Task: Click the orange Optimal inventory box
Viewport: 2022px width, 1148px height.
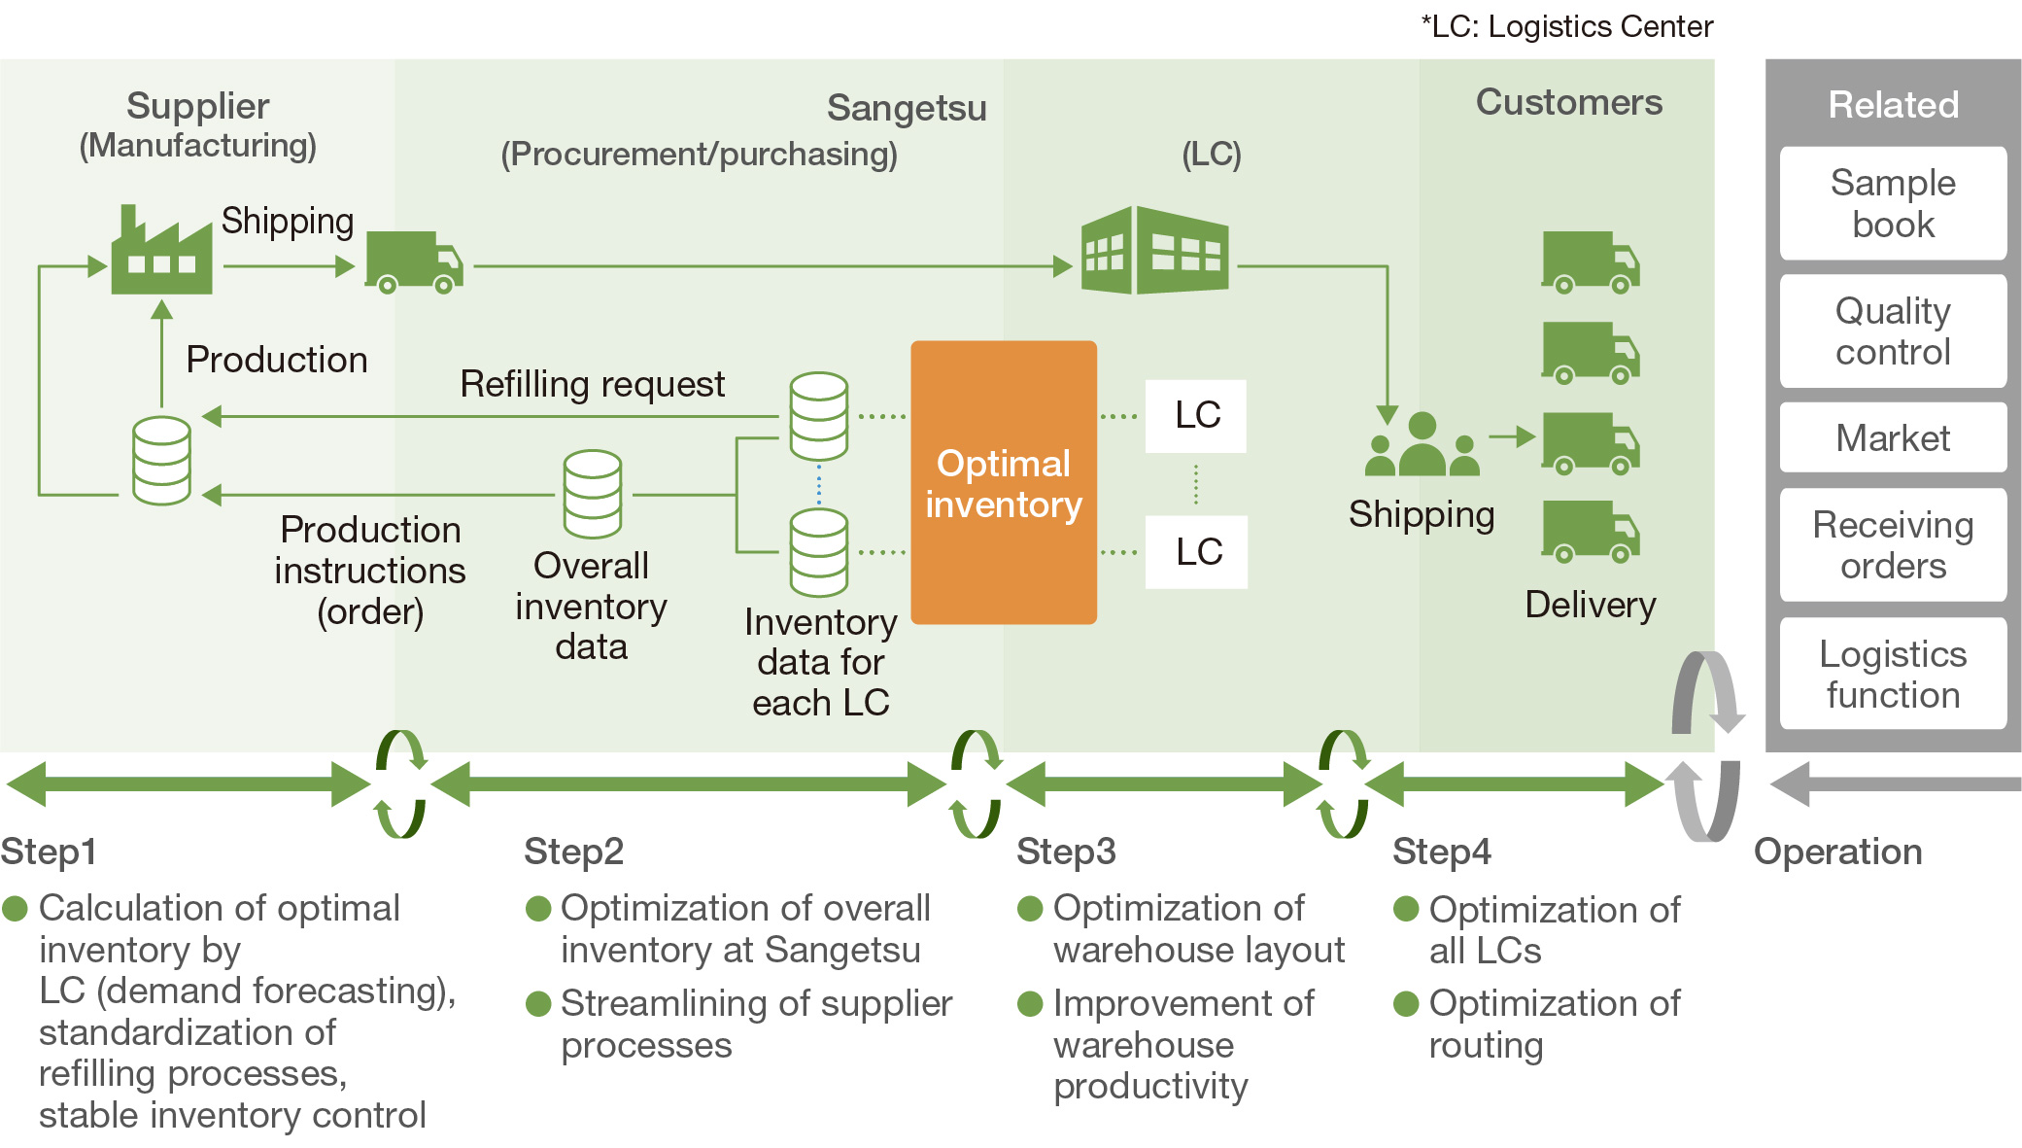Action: point(1003,482)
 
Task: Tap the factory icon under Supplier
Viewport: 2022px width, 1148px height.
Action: point(161,253)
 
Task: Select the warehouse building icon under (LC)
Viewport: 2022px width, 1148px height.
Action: point(1154,251)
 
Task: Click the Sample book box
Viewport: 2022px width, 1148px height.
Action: point(1892,203)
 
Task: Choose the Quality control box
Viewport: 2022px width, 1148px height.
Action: point(1892,330)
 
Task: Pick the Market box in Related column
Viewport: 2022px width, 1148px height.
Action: point(1892,437)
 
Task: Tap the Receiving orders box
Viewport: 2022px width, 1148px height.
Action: point(1892,544)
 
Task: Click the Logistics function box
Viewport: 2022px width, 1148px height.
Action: point(1892,674)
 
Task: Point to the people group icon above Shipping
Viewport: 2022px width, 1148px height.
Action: point(1422,445)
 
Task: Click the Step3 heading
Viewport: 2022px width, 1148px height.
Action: point(1066,852)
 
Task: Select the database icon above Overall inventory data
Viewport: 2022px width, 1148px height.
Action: point(592,494)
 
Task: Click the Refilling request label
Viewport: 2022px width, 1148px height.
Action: point(592,384)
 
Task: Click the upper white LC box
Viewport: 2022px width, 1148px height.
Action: point(1196,415)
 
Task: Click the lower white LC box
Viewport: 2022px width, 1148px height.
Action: point(1196,552)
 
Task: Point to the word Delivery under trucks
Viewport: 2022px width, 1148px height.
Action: point(1590,605)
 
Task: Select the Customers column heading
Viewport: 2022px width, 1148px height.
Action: point(1568,102)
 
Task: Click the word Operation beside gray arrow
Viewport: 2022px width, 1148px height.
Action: point(1837,852)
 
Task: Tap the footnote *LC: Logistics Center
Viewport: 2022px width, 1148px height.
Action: point(1566,26)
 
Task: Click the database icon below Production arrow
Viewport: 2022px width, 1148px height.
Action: point(161,461)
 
